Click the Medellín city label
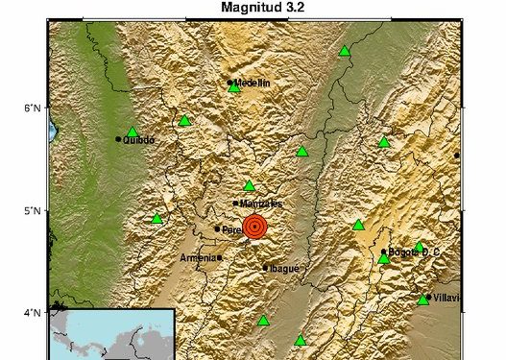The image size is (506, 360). [x=253, y=84]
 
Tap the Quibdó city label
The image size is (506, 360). [x=138, y=139]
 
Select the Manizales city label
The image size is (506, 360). [x=261, y=204]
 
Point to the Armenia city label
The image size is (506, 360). [x=199, y=258]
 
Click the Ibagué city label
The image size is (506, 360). [x=286, y=268]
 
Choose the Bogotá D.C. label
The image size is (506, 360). [x=415, y=252]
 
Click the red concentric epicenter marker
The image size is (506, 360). [x=254, y=227]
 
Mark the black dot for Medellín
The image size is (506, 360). [x=230, y=84]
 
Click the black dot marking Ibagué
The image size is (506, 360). [x=266, y=268]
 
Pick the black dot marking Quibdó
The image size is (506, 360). [x=119, y=139]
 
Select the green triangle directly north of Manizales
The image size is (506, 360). [x=249, y=186]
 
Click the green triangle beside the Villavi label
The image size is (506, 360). [x=422, y=300]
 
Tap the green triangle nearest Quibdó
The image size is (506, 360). [x=133, y=132]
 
